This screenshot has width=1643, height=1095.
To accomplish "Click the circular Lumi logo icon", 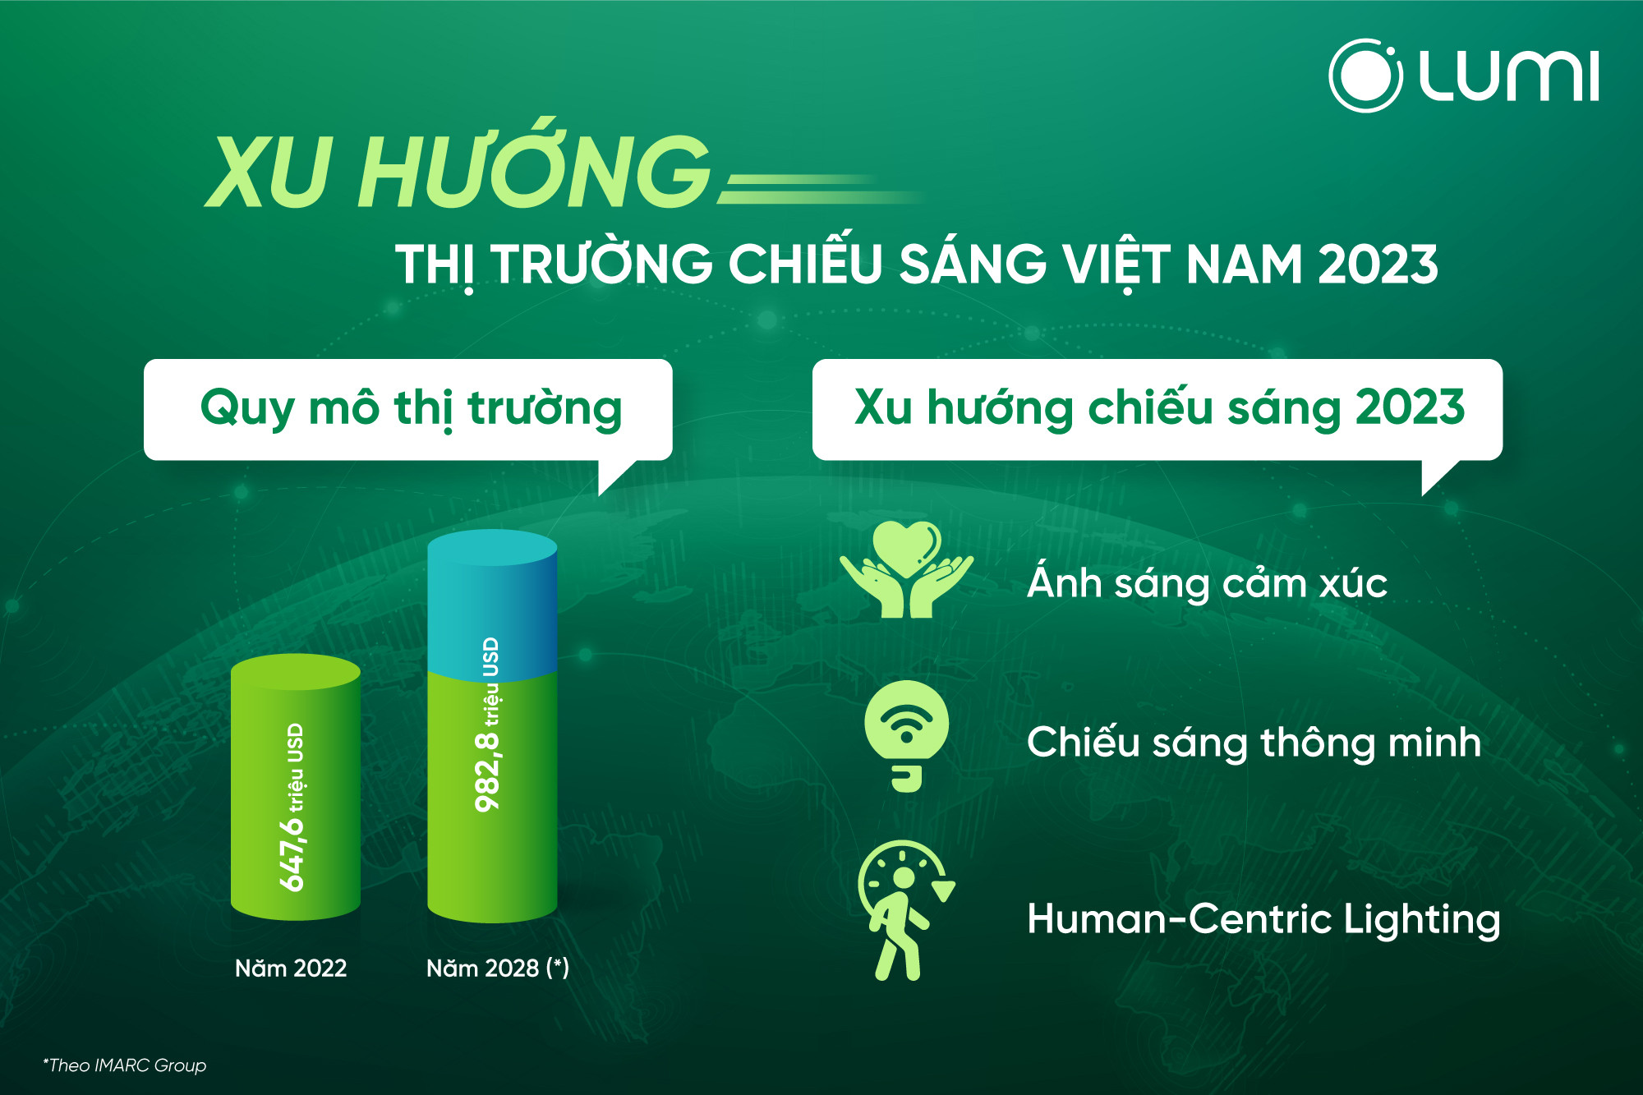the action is click(1365, 76).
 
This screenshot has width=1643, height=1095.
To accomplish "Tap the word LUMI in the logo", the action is click(1509, 76).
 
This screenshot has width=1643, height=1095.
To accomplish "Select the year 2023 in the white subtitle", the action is click(1378, 265).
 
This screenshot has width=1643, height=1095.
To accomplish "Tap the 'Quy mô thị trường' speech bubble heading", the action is click(408, 409).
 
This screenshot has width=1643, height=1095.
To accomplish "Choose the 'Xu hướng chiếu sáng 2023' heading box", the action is click(1157, 409).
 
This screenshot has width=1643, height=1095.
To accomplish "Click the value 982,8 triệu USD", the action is click(489, 725).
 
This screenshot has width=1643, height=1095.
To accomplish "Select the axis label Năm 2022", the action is click(291, 968).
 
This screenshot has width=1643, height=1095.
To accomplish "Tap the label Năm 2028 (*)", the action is click(498, 968).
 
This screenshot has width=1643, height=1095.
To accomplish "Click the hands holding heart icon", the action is click(906, 569).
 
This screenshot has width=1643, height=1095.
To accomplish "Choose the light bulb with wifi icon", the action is click(906, 736).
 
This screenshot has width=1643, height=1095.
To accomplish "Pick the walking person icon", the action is click(904, 910).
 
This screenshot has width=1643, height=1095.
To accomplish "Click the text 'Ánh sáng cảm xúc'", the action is click(1207, 582).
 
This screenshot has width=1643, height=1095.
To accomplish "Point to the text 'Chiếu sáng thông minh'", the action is click(1254, 742).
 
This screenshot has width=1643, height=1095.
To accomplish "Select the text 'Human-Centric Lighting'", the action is click(1263, 918).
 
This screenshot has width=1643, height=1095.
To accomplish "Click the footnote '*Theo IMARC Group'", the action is click(125, 1065).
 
